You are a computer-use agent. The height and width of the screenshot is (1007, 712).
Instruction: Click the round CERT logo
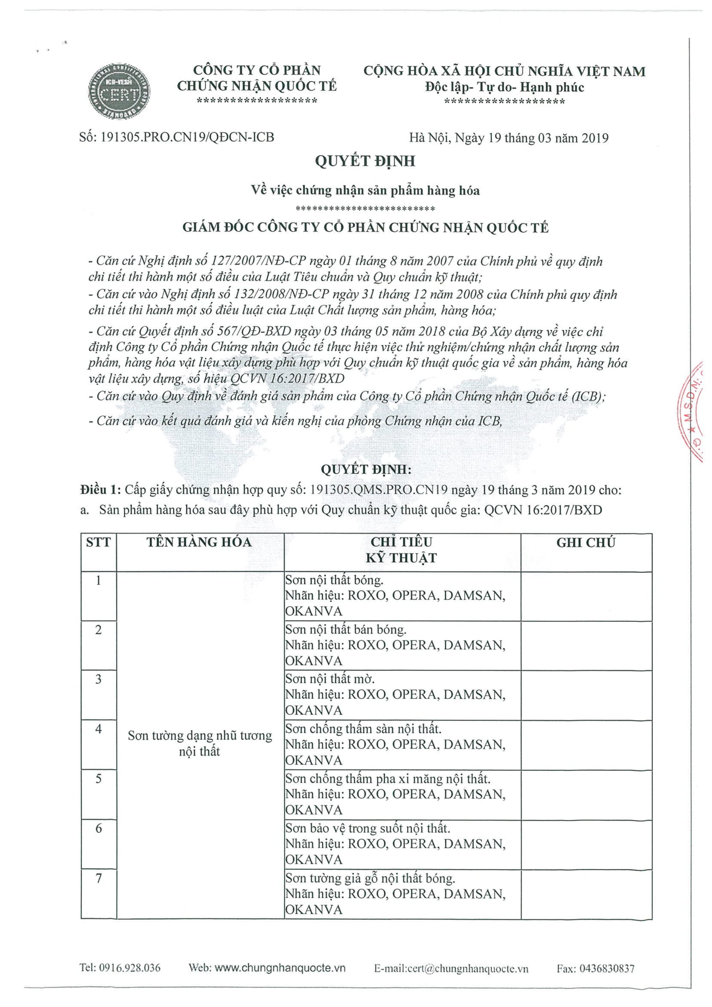119,91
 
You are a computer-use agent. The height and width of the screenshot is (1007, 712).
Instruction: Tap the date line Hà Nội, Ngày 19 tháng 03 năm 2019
509,138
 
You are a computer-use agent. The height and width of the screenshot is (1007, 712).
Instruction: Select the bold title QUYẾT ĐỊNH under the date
365,161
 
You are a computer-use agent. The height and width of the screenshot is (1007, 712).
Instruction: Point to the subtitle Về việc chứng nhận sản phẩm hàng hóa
365,190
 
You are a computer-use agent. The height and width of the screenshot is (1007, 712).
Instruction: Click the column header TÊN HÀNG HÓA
200,542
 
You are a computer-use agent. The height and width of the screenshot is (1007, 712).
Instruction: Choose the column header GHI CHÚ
586,543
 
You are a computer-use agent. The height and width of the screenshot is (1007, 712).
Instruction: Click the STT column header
98,543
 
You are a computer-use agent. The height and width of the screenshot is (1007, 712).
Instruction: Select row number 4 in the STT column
98,729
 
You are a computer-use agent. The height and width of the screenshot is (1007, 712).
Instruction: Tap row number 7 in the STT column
98,878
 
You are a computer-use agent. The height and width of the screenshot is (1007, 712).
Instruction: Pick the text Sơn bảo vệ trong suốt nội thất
367,828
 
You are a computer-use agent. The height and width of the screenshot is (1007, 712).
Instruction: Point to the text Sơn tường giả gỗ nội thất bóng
370,878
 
